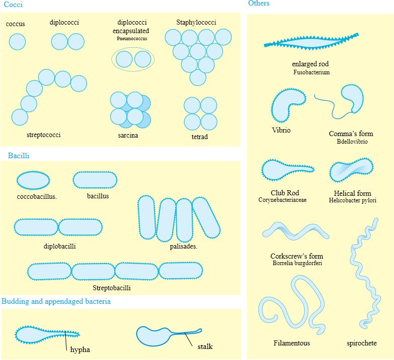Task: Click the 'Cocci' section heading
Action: [x=13, y=5]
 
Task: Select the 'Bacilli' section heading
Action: [x=19, y=156]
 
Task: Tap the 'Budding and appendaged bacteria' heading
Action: [x=56, y=301]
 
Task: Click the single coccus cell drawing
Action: [x=17, y=42]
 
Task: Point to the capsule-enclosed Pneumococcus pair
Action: [x=133, y=59]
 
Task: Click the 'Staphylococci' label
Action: [x=196, y=23]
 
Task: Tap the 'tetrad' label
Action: [x=199, y=137]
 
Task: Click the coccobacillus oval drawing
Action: [x=34, y=180]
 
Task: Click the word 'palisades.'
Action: [x=183, y=247]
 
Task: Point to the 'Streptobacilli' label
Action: [x=111, y=288]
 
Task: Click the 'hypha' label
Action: [x=80, y=349]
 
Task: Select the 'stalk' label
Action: [x=205, y=346]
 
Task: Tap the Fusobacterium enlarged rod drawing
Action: [x=311, y=43]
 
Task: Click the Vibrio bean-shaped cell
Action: [x=287, y=103]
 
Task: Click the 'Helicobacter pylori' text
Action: [x=352, y=201]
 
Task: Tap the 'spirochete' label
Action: [x=361, y=343]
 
